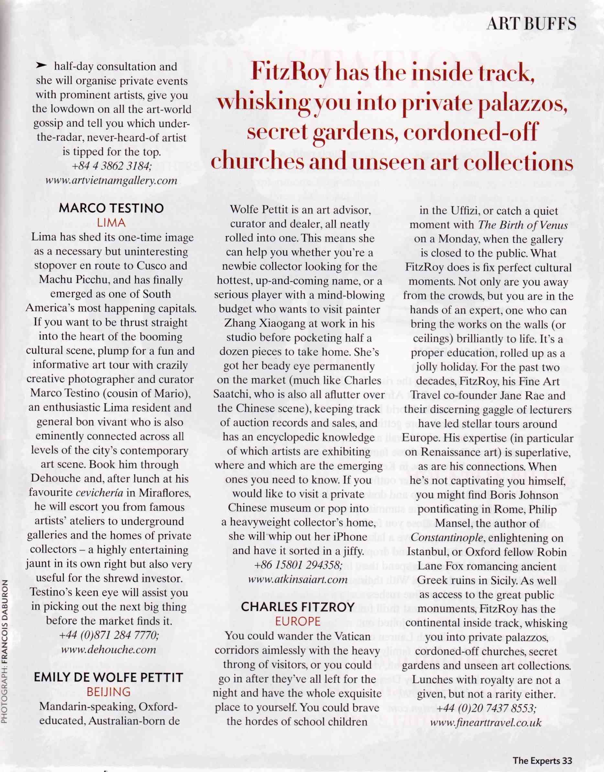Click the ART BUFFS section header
531,24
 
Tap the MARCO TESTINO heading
111,208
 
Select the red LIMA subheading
111,223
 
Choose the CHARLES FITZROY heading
297,607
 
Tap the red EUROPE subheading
297,621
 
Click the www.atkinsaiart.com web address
298,579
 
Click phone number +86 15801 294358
298,565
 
